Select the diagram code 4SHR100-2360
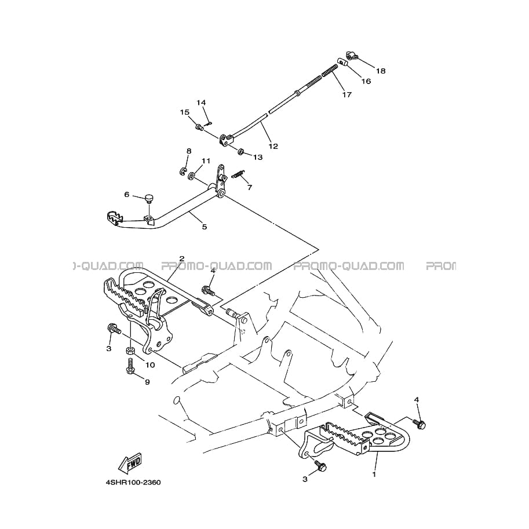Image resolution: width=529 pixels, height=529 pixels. pos(133,483)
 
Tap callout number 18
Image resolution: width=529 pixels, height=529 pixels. pos(381,71)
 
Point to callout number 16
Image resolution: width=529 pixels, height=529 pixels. pos(366,81)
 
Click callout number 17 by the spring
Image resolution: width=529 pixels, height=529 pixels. pos(347,95)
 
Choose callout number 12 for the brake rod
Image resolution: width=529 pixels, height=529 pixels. pos(273,146)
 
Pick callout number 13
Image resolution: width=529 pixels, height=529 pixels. pos(258,157)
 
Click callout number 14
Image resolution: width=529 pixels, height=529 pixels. pos(201,102)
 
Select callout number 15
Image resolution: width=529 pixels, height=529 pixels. pos(185,112)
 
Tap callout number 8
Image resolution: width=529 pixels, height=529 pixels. pos(189,151)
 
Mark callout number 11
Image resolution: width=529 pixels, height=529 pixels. pos(206,160)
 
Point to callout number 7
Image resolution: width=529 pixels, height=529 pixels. pos(250,187)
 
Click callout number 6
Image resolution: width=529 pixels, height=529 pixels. pos(127,194)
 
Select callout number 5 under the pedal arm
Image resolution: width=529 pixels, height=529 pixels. pos(205,227)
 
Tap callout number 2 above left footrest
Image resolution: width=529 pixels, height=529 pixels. pos(182,259)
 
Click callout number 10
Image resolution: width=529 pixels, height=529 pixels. pos(150,364)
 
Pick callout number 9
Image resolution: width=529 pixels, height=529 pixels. pos(147,382)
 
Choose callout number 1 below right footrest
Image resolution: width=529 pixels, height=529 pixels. pos(374,475)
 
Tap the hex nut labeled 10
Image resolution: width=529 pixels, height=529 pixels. pos(130,351)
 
